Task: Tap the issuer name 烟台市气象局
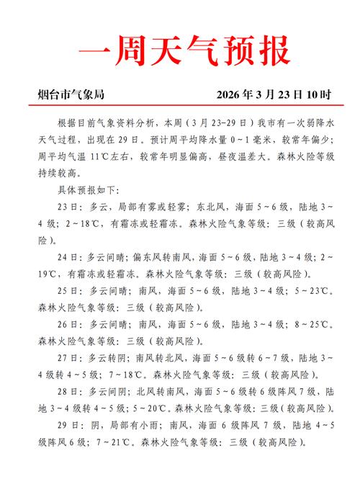pyautogui.click(x=71, y=94)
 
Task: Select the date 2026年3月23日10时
pyautogui.click(x=274, y=94)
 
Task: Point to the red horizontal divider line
pyautogui.click(x=180, y=106)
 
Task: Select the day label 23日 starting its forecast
pyautogui.click(x=67, y=206)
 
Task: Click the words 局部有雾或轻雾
pyautogui.click(x=143, y=206)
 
